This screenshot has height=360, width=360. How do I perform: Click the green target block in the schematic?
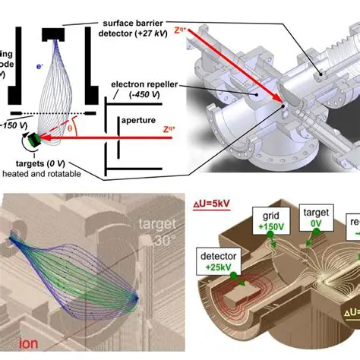pos(33,141)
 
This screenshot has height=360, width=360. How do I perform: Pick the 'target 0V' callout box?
pos(314,217)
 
